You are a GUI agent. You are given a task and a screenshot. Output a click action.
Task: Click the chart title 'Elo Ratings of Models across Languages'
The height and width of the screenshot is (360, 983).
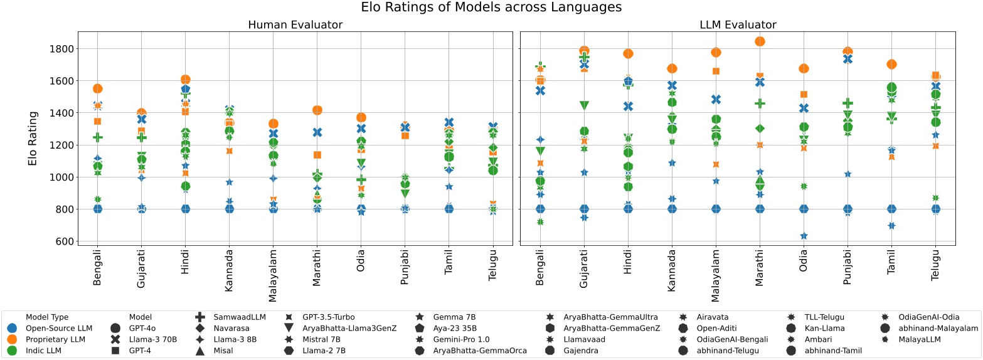(491, 8)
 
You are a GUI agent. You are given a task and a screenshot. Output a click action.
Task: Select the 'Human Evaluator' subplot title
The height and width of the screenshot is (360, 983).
(295, 25)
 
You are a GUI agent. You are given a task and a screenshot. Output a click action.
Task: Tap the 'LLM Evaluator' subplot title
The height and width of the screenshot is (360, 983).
(738, 25)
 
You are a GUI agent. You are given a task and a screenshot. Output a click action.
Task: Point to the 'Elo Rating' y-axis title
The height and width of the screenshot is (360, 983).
(33, 139)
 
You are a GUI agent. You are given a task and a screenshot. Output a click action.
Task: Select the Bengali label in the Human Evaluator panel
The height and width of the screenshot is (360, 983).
(97, 267)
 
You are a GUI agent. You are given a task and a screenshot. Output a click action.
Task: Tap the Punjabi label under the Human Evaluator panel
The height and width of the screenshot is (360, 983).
(405, 267)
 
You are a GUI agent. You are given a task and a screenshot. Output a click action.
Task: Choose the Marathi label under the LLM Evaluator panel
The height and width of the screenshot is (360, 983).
(760, 268)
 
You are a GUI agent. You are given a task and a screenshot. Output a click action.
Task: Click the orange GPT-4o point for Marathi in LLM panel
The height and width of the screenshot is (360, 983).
(760, 41)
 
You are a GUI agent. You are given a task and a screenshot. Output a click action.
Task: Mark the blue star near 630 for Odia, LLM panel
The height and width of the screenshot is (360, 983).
(803, 236)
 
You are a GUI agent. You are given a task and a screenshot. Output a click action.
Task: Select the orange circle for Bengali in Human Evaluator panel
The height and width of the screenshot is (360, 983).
(97, 89)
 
